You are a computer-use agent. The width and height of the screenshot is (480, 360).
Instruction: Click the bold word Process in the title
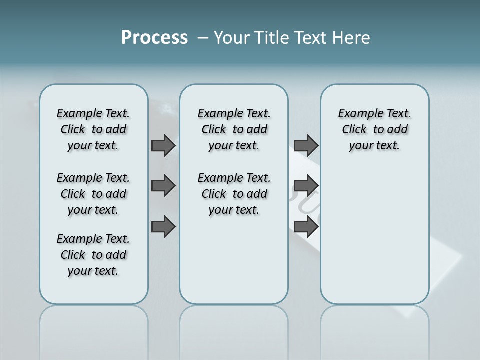coord(154,37)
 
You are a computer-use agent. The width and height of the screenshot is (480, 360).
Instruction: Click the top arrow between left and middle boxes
coord(163,146)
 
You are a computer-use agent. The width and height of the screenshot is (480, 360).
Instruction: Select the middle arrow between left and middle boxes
coord(163,186)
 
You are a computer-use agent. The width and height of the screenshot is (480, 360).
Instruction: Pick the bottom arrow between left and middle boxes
coord(163,226)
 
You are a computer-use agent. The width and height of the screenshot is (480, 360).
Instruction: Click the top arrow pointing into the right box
coord(306,146)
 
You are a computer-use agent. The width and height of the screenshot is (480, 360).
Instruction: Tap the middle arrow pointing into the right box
coord(306,186)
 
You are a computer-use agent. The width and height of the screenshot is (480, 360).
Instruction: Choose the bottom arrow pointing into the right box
coord(306,226)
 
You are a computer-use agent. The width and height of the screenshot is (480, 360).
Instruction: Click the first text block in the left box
coord(93,129)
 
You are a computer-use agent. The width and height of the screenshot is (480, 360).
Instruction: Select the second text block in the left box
coord(93,194)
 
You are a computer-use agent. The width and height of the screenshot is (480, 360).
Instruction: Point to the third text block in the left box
coord(93,255)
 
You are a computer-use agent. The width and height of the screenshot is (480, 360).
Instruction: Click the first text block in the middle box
coord(234,129)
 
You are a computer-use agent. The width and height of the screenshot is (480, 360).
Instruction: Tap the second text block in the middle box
coord(234,194)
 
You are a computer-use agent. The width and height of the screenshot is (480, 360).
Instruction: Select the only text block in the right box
coord(374,129)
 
